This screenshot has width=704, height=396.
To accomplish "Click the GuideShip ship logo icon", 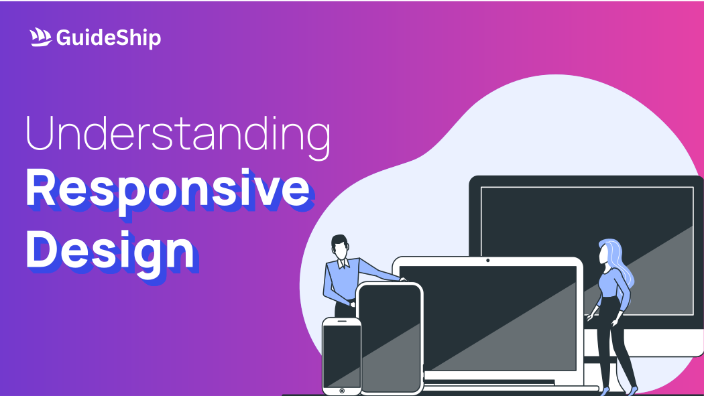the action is point(40,38).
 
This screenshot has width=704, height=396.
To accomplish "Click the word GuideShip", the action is point(109,38).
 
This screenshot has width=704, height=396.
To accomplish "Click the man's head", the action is point(339,247).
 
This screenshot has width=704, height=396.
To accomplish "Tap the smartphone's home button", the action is point(342,391).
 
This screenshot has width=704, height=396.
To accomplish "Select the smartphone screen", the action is point(342,356).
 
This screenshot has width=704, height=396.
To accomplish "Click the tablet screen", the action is point(390,338).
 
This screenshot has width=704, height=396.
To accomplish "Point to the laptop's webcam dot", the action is point(488,261).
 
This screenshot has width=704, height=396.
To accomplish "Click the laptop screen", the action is point(487,318).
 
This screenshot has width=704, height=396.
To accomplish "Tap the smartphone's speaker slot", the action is point(342,321).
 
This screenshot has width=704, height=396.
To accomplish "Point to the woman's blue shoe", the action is point(633,390).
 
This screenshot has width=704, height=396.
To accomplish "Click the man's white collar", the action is point(343,263).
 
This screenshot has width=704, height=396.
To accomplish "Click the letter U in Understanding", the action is point(40,133).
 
